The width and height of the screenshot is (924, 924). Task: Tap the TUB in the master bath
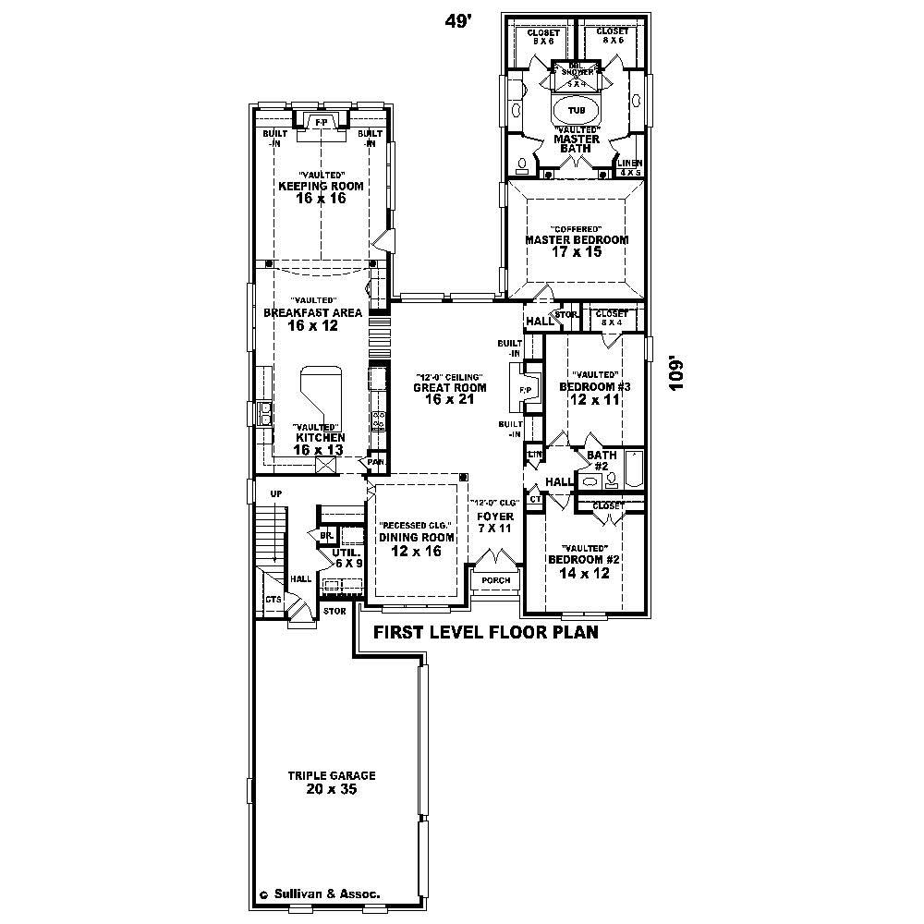(577, 109)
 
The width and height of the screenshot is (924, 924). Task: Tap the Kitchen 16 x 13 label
(320, 443)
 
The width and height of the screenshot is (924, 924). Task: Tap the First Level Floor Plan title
(484, 633)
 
